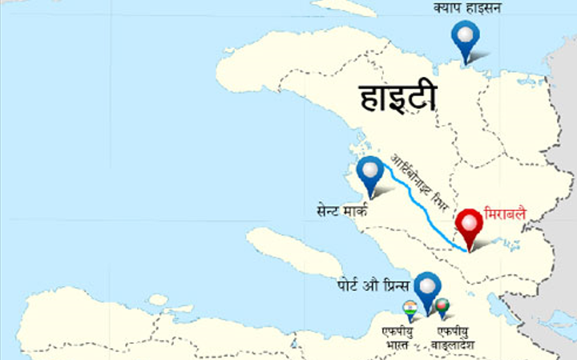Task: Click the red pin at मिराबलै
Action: point(468,225)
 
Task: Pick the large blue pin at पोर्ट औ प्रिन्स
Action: point(427,288)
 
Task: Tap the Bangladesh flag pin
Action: point(442,308)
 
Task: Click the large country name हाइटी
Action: point(398,98)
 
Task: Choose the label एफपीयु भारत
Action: point(397,337)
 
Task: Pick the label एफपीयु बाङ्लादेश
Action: point(452,337)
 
